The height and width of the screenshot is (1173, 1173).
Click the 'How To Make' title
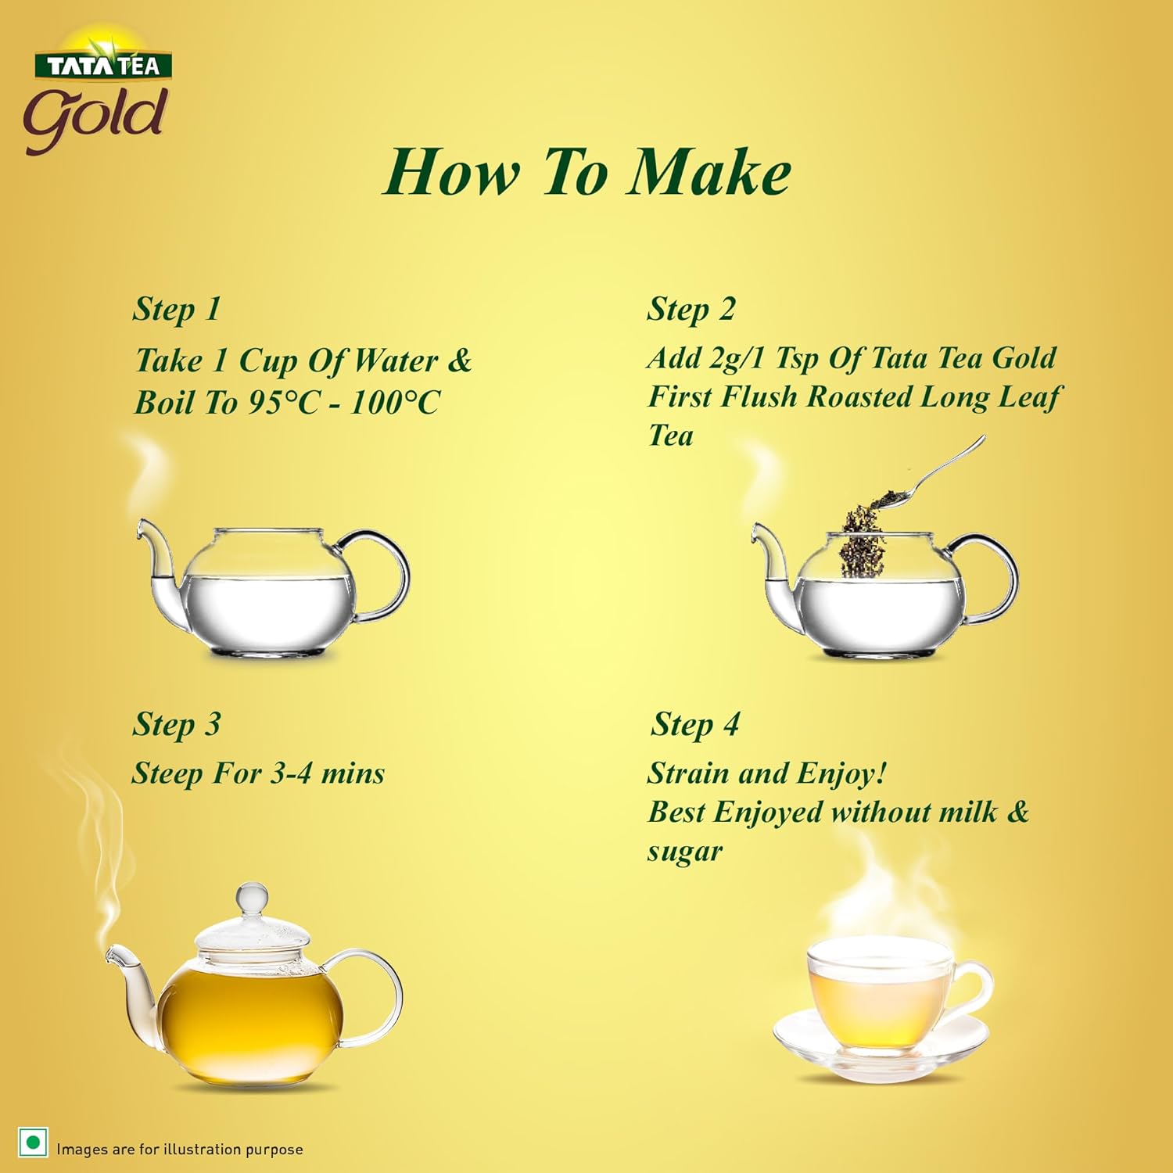click(x=586, y=172)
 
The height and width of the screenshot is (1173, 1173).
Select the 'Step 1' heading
click(x=177, y=309)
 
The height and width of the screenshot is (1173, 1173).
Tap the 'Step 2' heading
click(x=691, y=309)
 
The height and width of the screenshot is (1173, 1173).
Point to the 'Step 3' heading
click(x=177, y=724)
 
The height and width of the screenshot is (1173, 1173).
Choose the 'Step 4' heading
click(x=695, y=724)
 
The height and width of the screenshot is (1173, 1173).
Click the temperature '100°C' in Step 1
click(x=395, y=403)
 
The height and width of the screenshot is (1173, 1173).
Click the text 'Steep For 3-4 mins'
click(x=258, y=773)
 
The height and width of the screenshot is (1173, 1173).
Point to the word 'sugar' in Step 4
click(x=685, y=851)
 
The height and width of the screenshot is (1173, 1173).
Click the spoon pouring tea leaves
click(x=938, y=473)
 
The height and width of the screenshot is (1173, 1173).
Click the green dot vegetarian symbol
click(x=33, y=1143)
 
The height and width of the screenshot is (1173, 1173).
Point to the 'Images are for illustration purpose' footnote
click(x=179, y=1149)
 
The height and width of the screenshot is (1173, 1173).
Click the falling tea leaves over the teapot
click(x=862, y=540)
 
